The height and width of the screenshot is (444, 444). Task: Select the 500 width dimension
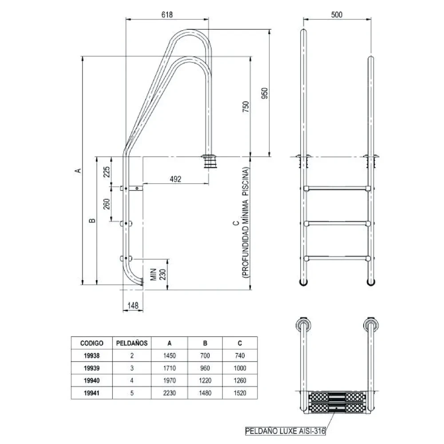337,15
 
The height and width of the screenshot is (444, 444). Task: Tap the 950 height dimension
265,93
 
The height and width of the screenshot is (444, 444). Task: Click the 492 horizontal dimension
176,179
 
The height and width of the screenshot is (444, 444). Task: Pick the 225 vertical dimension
106,171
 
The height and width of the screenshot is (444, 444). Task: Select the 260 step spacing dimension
106,204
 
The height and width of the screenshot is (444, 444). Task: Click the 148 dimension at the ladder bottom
133,305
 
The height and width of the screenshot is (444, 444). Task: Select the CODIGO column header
92,343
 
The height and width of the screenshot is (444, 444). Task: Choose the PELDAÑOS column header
132,343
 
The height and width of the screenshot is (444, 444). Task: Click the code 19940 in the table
92,381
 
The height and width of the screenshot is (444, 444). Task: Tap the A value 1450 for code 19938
170,356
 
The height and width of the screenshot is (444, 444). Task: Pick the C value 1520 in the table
240,393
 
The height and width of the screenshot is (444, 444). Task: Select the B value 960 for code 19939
205,368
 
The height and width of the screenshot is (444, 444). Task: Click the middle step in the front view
337,222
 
